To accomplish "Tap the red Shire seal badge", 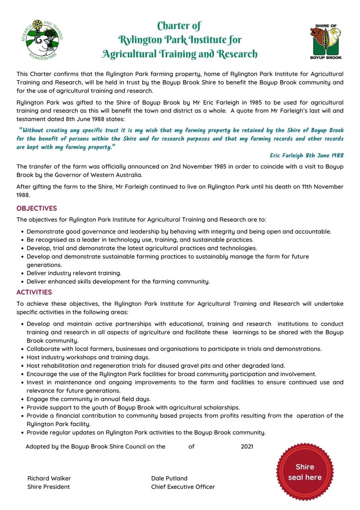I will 305,472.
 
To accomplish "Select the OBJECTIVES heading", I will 37,208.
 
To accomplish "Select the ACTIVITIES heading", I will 34,292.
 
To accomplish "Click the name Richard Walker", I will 49,478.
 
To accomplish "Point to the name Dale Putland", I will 169,478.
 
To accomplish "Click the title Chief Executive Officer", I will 183,486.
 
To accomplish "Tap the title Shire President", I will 49,486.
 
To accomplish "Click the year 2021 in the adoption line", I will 247,446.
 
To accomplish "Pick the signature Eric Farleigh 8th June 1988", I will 306,155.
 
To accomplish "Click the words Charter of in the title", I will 179,26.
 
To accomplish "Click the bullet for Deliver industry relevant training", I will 22,273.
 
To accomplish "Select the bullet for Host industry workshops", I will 22,357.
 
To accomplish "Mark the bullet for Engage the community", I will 22,399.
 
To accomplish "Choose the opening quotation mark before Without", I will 20,130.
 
